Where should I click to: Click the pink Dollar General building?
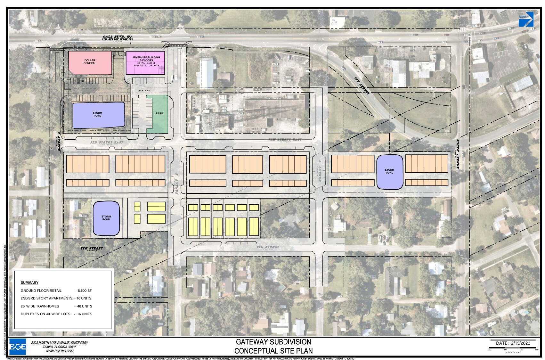point(90,62)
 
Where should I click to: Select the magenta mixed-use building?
point(146,63)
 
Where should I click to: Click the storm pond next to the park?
point(98,115)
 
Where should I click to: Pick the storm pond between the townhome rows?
point(389,172)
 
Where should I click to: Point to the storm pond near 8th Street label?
point(106,218)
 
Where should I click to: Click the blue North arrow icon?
point(526,19)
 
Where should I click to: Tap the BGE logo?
point(18,347)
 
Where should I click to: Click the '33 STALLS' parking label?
point(144,91)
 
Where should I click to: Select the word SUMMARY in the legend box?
point(29,282)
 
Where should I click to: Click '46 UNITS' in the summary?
point(85,306)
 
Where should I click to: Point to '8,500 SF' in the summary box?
point(85,290)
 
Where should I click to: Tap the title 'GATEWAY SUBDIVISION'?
point(273,342)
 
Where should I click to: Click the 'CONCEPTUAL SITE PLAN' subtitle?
point(273,351)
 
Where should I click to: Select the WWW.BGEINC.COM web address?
point(60,351)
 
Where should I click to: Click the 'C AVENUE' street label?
point(59,142)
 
